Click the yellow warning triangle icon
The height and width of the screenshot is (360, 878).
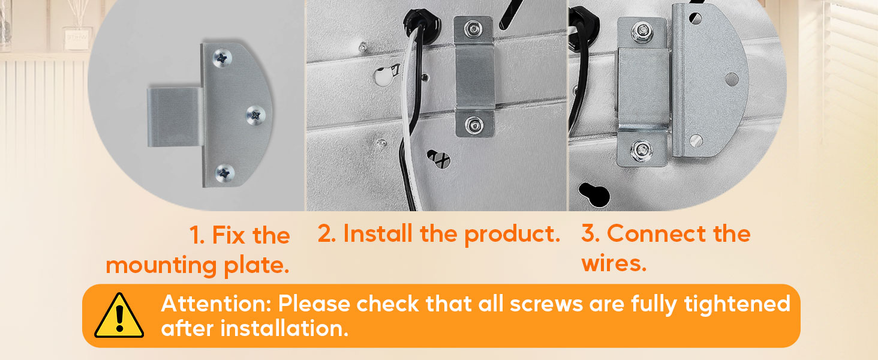point(119,316)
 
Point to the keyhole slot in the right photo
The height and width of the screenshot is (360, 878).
point(594,193)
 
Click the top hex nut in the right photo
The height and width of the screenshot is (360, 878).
point(642,31)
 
